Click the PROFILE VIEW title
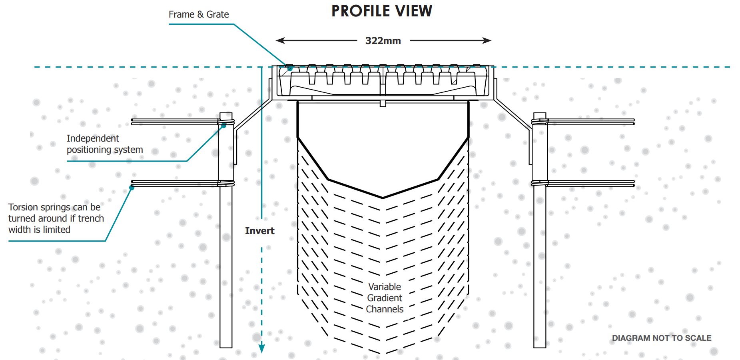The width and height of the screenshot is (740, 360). tap(382, 11)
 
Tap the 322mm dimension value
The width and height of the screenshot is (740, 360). tap(383, 41)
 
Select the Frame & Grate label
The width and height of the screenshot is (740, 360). tap(199, 14)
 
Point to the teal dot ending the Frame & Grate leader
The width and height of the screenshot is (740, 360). tap(291, 69)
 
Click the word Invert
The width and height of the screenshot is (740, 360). tap(260, 231)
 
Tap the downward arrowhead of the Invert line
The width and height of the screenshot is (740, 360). tap(261, 348)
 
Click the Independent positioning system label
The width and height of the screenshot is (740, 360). tap(105, 144)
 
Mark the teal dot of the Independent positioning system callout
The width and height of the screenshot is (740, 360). tap(224, 125)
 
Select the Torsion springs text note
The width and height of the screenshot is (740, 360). tap(56, 218)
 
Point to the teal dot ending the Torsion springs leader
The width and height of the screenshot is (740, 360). tap(132, 187)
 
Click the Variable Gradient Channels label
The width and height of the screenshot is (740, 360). tap(385, 298)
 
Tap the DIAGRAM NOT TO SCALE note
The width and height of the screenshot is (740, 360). tap(662, 338)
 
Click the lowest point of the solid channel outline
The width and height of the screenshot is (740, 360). tap(383, 198)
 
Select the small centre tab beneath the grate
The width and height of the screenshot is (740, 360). tap(383, 104)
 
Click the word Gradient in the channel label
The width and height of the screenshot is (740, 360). tap(385, 298)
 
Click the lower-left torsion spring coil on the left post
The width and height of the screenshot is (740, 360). tap(226, 183)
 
